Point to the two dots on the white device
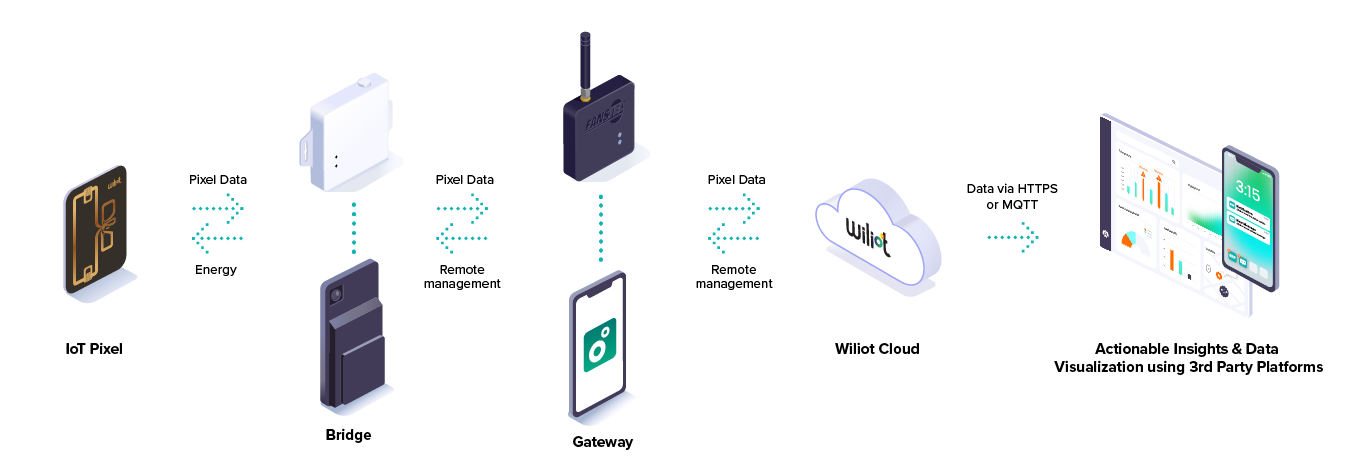point(336,160)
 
